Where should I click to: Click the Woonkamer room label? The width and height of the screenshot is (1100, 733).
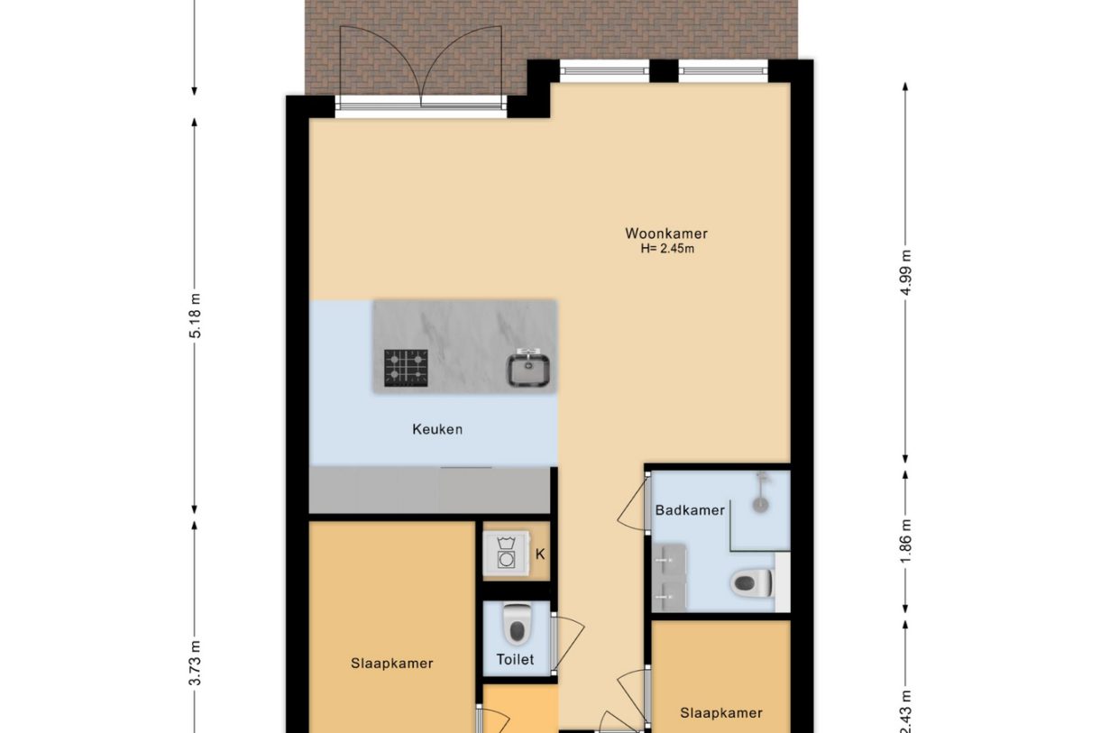(666, 234)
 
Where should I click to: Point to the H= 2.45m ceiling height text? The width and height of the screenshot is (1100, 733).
(666, 249)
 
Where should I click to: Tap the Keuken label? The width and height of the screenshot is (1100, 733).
(437, 429)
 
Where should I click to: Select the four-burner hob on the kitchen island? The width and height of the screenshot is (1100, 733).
(406, 368)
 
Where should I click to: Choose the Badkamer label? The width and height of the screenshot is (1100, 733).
(690, 510)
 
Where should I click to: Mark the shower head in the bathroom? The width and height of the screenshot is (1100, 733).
(763, 501)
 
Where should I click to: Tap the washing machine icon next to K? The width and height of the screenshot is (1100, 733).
(506, 553)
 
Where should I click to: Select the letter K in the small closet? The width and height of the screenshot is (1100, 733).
(540, 554)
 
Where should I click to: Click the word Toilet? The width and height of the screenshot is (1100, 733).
(515, 659)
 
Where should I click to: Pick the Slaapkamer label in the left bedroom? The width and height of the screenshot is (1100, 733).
(392, 664)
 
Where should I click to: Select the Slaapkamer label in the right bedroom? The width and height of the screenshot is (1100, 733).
(720, 712)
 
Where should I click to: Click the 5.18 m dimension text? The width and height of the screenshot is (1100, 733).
(196, 316)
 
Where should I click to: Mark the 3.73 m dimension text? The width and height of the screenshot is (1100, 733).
(196, 662)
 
